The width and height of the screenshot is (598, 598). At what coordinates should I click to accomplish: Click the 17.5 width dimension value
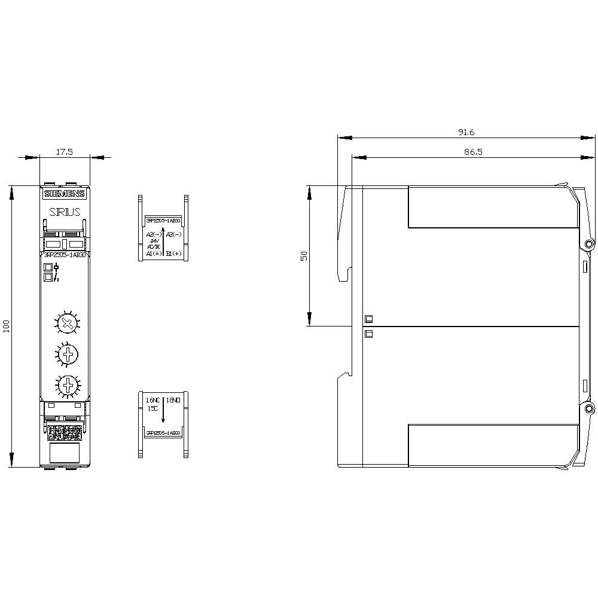pos(64,152)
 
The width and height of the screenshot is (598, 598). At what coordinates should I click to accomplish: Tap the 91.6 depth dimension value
pos(466,132)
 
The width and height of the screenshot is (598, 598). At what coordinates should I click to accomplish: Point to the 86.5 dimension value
pos(473,152)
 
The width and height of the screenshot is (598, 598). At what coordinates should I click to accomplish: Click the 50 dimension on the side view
pos(304,255)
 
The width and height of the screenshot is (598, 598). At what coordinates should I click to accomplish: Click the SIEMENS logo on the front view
pos(65,194)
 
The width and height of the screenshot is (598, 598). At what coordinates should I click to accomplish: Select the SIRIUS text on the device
pos(65,212)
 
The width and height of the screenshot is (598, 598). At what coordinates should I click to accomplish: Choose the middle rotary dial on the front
pos(69,354)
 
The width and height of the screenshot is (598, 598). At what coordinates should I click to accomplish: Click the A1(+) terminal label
pos(154,254)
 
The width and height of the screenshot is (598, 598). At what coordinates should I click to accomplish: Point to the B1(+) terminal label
pos(174,254)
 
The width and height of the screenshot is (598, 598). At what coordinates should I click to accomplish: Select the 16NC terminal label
pos(153,399)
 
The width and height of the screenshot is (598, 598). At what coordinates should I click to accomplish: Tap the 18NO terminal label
pos(173,399)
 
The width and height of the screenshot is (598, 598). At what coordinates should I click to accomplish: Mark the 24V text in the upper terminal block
pos(154,241)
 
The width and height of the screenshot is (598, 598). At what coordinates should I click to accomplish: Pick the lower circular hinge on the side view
pos(590,408)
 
